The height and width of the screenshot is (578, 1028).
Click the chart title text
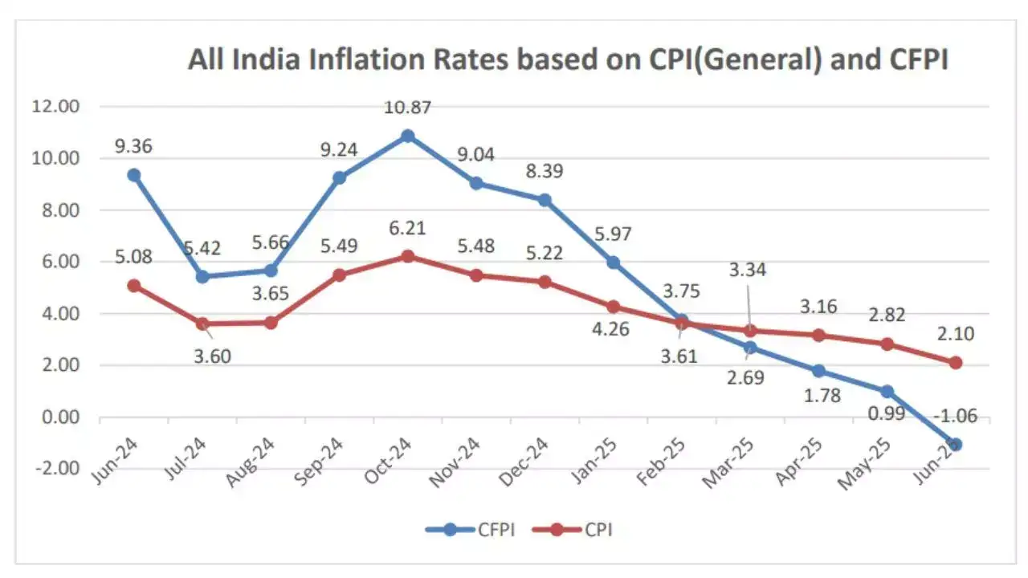click(568, 60)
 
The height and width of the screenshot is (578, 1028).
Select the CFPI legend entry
click(470, 529)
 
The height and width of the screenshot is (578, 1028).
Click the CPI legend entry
click(578, 529)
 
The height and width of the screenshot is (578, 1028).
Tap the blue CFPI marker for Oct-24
click(408, 136)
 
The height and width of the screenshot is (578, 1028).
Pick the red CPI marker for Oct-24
click(408, 256)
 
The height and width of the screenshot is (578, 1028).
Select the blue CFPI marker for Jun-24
click(134, 175)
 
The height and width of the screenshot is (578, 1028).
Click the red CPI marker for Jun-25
click(956, 363)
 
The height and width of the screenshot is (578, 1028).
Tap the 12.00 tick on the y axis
click(57, 107)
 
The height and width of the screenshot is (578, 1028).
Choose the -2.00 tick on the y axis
click(57, 469)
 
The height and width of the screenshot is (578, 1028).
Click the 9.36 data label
click(134, 146)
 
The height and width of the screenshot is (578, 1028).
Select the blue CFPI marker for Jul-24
click(202, 277)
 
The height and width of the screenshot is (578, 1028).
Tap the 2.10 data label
click(956, 333)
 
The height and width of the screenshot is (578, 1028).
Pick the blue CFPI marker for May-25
click(887, 392)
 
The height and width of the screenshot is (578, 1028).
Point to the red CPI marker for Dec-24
click(545, 282)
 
